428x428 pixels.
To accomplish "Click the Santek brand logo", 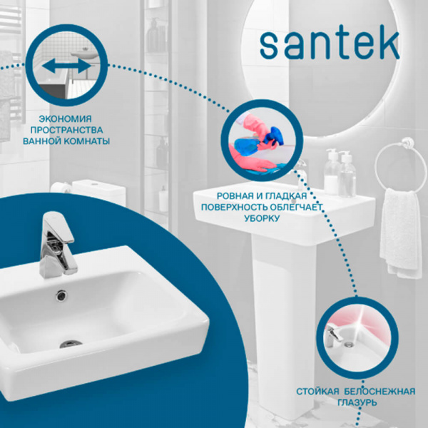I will [329, 44].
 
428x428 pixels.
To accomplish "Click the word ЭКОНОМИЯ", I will [66, 118].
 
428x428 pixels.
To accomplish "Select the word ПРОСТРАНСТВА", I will [66, 130].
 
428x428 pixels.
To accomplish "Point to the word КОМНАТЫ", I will [87, 141].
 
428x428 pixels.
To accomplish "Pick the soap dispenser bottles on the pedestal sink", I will [339, 173].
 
